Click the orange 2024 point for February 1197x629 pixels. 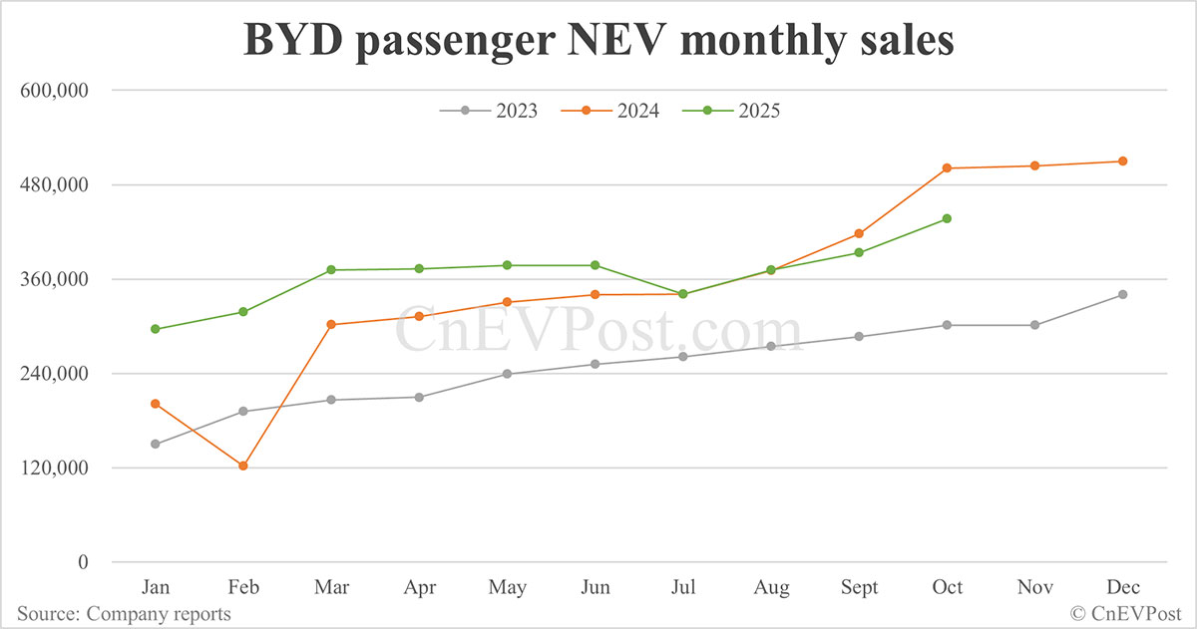pos(242,466)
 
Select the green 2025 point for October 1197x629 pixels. pos(947,218)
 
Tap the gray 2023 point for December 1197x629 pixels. pos(1122,294)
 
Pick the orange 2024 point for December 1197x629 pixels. pos(1122,160)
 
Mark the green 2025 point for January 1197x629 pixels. pos(155,329)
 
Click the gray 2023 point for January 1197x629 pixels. pos(155,444)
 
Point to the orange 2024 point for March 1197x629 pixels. pos(331,324)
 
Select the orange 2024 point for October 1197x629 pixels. pos(947,167)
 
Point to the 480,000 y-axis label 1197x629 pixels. pos(55,185)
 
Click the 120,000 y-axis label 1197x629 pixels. pos(55,469)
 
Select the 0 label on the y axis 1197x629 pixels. pos(84,562)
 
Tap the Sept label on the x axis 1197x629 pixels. pos(859,588)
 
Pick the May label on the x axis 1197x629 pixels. pos(507,588)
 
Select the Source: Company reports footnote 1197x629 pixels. pos(124,613)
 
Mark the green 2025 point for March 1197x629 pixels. pos(331,270)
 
